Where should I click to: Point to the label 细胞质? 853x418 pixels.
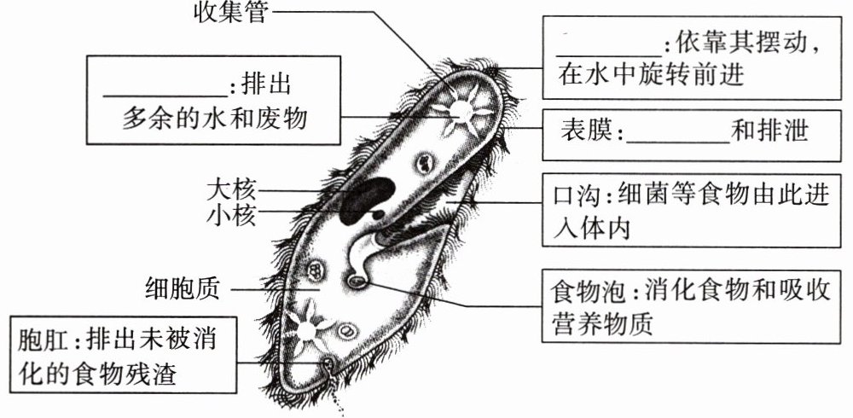tap(183, 290)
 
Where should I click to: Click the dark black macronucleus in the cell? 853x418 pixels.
tap(367, 197)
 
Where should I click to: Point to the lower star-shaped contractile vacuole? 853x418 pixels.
tap(302, 324)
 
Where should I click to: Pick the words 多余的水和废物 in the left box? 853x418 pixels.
tap(214, 119)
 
